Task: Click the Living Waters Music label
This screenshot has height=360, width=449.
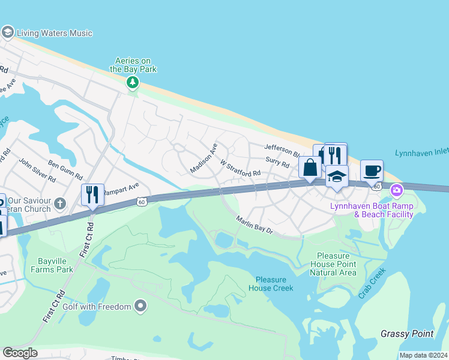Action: click(x=54, y=33)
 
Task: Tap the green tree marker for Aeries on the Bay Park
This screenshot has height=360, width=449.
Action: click(x=133, y=82)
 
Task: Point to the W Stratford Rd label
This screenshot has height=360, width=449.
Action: click(x=240, y=168)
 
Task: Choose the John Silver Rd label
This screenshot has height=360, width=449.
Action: click(x=37, y=170)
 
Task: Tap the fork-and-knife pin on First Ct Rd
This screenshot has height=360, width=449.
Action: click(x=92, y=194)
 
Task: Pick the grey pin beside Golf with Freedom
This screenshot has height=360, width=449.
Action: click(x=141, y=307)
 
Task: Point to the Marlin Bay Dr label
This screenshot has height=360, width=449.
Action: click(x=255, y=226)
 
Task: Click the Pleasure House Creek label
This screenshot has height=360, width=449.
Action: click(x=274, y=284)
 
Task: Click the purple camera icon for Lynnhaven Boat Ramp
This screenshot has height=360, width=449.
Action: click(x=396, y=191)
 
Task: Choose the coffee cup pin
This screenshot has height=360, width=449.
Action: click(x=372, y=170)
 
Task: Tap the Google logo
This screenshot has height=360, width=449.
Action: click(x=20, y=352)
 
